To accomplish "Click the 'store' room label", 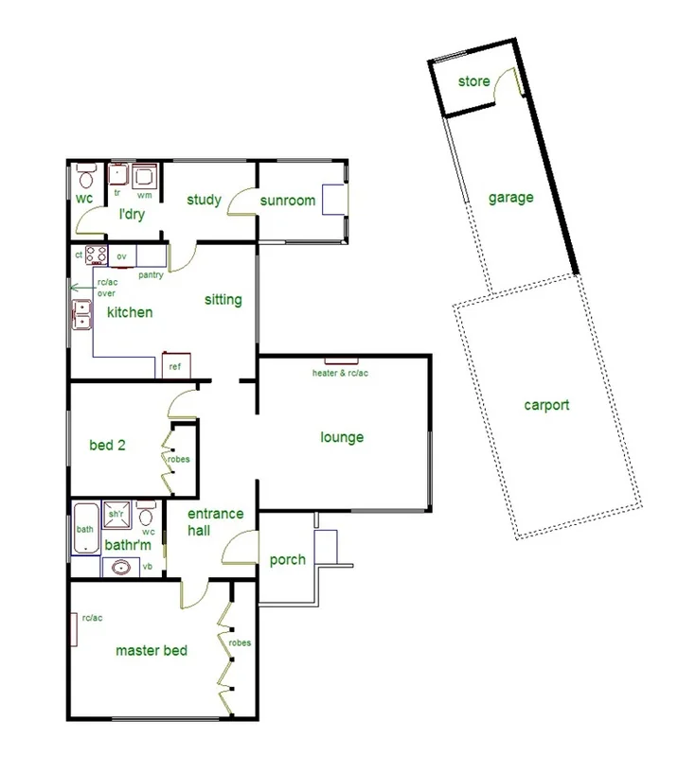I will click(473, 81).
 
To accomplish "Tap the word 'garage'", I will click(510, 198).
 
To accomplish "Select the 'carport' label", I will click(546, 405).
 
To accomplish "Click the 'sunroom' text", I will click(287, 200).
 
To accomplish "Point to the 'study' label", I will click(204, 200).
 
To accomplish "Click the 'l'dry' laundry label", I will click(131, 215).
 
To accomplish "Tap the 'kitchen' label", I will click(130, 312).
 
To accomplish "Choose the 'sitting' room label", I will click(223, 300).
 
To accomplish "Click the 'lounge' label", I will click(342, 437).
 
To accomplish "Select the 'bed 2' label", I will click(107, 445).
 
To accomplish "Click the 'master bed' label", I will click(152, 650).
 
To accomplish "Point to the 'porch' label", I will click(287, 559).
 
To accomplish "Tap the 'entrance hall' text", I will click(215, 522).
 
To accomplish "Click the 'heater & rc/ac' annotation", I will click(340, 373).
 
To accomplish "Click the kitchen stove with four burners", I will click(96, 255).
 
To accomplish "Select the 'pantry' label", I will click(151, 275).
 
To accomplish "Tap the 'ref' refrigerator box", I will click(176, 365).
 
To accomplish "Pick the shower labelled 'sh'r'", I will click(117, 517).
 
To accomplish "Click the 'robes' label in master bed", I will click(240, 642).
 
